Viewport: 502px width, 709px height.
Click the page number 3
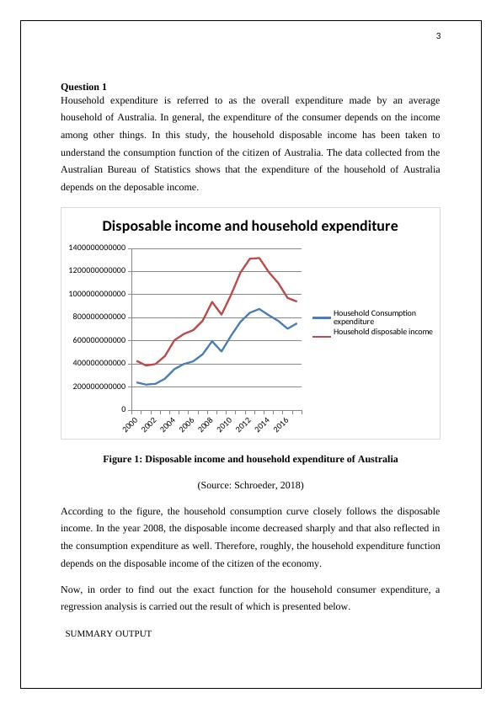click(438, 35)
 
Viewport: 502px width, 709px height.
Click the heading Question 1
click(84, 87)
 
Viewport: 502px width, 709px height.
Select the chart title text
click(249, 226)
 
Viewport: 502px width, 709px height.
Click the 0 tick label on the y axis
click(124, 410)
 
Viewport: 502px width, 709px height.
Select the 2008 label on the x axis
click(203, 425)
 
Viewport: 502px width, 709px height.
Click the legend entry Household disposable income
click(383, 332)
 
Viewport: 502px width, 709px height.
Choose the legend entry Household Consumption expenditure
click(374, 317)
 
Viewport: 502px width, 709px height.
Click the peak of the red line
click(258, 258)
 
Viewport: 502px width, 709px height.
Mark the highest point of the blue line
click(259, 308)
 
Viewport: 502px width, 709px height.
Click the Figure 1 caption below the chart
click(250, 460)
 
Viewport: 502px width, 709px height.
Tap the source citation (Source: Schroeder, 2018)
click(250, 486)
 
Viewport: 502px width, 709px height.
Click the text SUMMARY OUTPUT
click(108, 633)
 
